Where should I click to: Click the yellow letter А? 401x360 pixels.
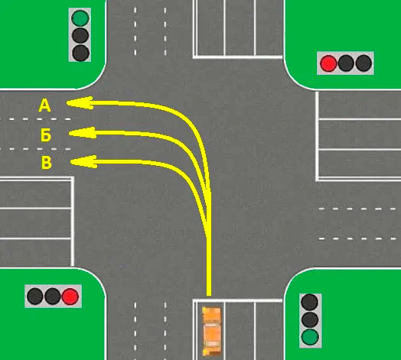click(x=44, y=105)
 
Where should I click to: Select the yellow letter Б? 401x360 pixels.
click(x=46, y=135)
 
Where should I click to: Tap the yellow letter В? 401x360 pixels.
click(x=46, y=163)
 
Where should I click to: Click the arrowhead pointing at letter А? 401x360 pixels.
click(x=80, y=102)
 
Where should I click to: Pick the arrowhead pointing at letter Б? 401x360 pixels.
click(x=83, y=133)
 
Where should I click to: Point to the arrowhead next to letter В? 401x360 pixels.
click(x=83, y=162)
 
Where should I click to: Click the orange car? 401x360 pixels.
click(x=211, y=332)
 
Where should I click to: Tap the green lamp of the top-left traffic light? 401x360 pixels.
click(x=80, y=18)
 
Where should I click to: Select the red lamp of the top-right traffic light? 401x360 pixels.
click(x=328, y=63)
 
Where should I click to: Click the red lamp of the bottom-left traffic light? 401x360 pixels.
click(x=70, y=297)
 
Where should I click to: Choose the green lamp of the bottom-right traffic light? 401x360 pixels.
click(x=310, y=337)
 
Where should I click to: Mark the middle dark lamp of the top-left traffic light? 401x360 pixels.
click(x=80, y=35)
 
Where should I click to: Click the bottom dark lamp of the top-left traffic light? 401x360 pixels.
click(x=81, y=53)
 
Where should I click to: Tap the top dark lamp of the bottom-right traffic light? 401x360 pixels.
click(x=310, y=302)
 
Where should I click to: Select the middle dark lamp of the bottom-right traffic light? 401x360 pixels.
click(x=310, y=319)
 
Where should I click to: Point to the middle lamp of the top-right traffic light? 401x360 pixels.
click(x=346, y=63)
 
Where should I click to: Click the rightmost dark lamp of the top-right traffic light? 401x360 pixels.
click(x=364, y=63)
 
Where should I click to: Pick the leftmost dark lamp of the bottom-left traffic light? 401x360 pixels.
click(x=35, y=297)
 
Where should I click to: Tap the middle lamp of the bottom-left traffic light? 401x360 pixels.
click(x=53, y=297)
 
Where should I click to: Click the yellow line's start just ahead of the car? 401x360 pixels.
click(x=209, y=295)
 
